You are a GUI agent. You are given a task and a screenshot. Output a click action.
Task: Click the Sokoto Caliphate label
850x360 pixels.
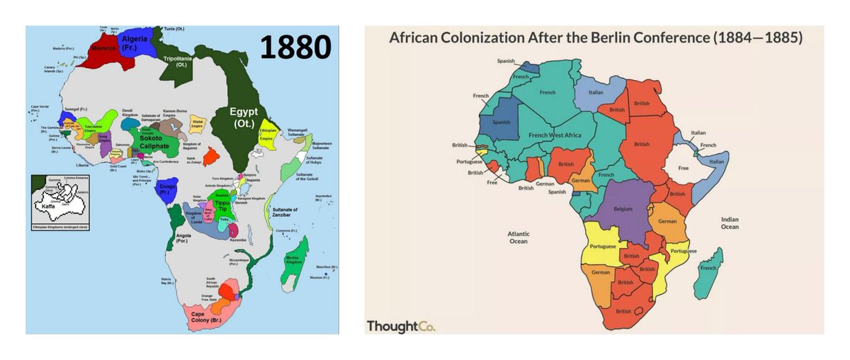click(154, 142)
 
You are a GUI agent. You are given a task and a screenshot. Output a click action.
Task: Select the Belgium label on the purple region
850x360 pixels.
click(623, 210)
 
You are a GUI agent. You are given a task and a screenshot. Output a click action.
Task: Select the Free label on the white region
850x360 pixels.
click(683, 169)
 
